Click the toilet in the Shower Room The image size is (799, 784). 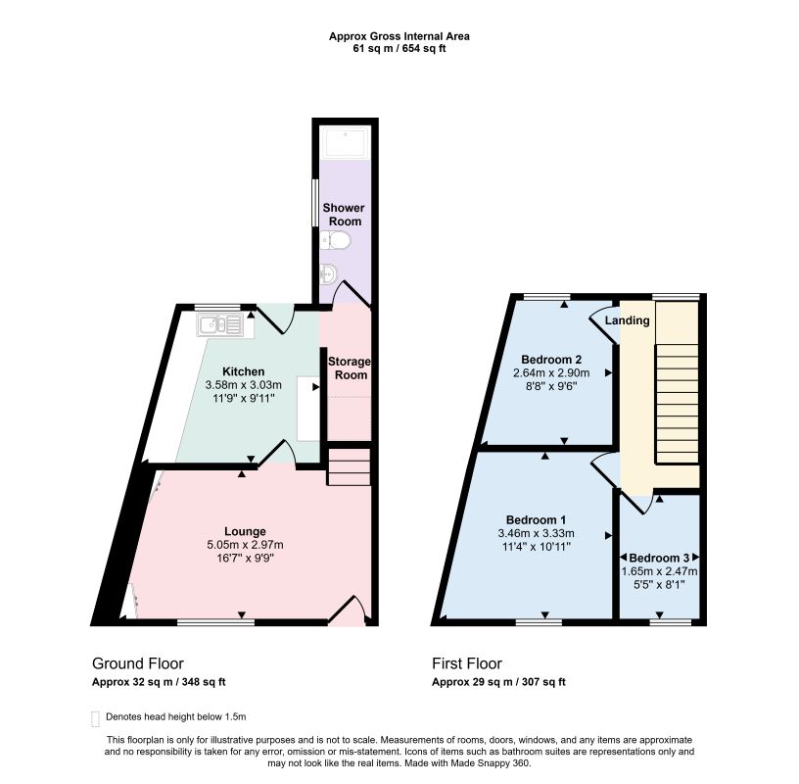click(x=335, y=240)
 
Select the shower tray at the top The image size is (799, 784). click(x=345, y=143)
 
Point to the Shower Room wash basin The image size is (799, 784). click(x=328, y=274)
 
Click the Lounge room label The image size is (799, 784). click(x=245, y=531)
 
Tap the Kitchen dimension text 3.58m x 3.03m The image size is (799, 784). click(x=244, y=384)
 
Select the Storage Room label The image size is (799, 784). click(x=349, y=368)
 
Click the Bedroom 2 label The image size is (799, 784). click(x=551, y=359)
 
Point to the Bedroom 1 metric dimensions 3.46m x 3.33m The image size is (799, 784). click(x=536, y=533)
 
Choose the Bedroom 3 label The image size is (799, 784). click(x=659, y=558)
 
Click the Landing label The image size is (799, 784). click(x=628, y=320)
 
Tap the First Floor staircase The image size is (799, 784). click(x=677, y=404)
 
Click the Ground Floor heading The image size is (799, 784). click(x=138, y=663)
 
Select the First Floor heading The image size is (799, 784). click(x=467, y=663)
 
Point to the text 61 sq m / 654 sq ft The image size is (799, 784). click(x=399, y=49)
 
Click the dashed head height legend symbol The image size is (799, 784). click(x=95, y=718)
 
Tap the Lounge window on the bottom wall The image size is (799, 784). click(x=215, y=622)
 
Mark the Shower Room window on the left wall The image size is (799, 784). click(x=315, y=203)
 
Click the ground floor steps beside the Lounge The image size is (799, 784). click(x=349, y=466)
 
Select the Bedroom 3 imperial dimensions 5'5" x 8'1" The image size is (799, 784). click(x=659, y=585)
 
